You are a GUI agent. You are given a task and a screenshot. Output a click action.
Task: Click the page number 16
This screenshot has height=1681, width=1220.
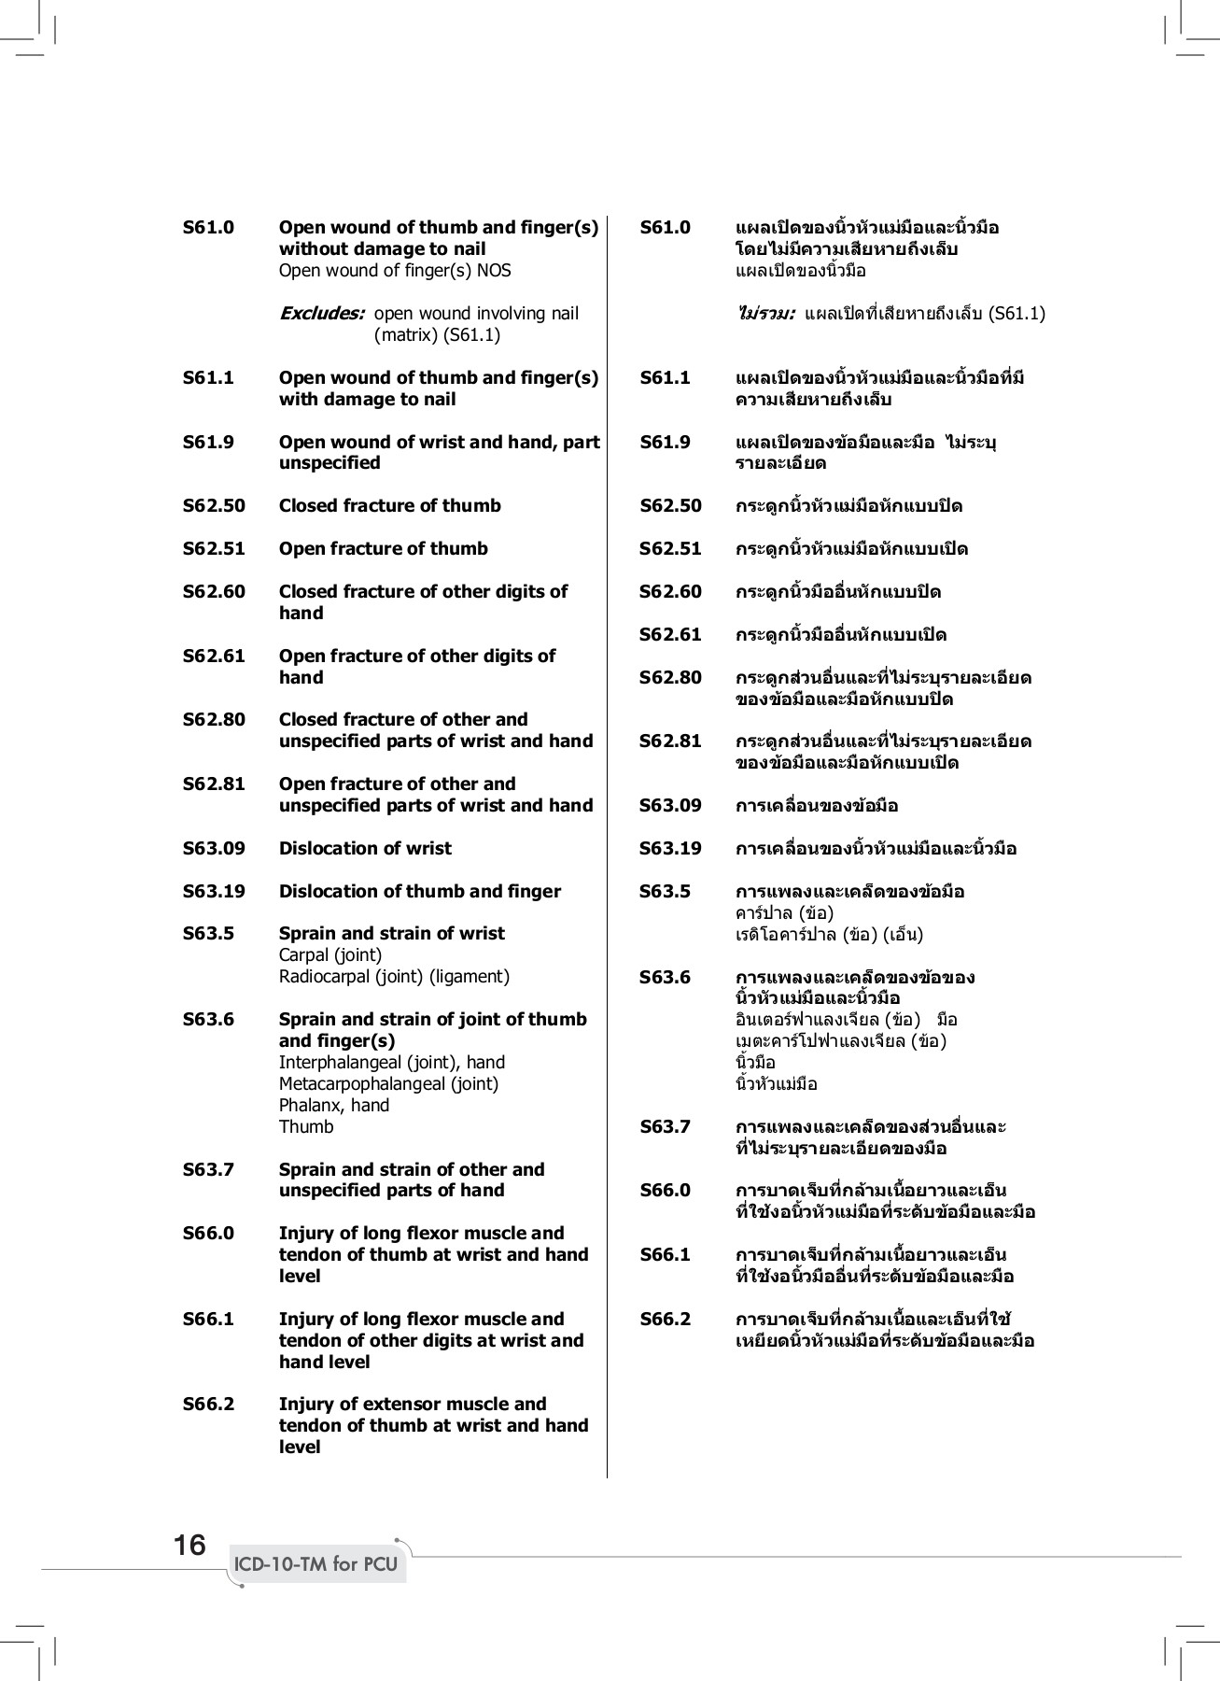(189, 1545)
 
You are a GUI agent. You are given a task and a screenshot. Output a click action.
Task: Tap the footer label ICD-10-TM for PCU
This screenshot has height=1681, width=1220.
(316, 1564)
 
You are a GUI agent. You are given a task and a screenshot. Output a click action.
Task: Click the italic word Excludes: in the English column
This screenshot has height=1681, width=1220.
(322, 313)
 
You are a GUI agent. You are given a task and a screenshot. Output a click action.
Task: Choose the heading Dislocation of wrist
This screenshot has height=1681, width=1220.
(365, 848)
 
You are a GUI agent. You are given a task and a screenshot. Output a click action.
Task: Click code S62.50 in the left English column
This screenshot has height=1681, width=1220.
(214, 505)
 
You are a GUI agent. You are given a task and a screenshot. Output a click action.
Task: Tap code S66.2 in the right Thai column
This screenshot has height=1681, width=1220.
(666, 1319)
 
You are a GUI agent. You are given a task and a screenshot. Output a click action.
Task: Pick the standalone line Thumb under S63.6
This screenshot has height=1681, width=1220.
(306, 1126)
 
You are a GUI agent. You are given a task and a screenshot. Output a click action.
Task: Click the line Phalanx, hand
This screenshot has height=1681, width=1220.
(334, 1105)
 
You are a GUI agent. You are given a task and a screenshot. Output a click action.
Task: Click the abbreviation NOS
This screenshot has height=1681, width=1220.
(494, 271)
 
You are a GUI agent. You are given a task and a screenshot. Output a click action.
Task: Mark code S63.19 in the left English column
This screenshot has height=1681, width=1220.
(214, 891)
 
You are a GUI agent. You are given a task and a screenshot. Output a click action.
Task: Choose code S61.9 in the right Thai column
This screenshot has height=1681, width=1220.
(666, 442)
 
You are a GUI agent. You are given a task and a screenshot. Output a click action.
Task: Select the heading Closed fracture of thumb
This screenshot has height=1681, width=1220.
(390, 505)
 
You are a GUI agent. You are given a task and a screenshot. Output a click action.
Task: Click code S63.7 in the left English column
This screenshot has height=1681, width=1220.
(208, 1169)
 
